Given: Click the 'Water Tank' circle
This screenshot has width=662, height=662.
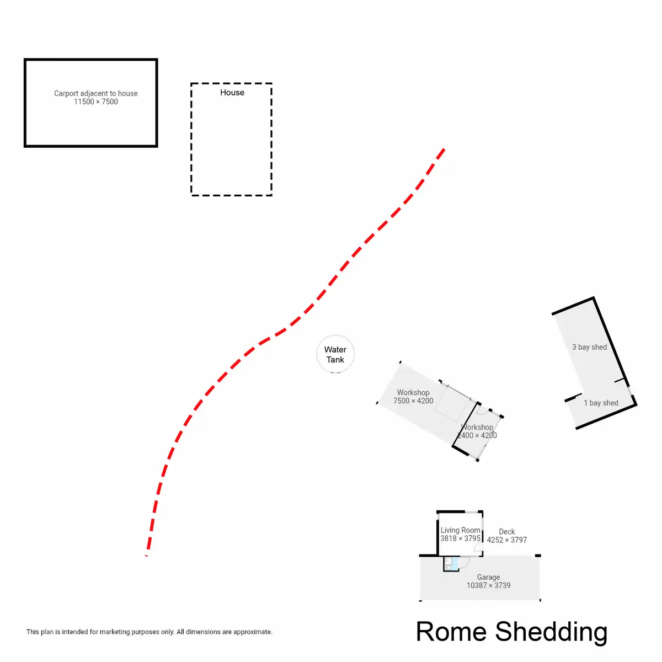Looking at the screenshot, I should (x=335, y=354).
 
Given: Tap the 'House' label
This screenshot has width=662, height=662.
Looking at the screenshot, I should (x=232, y=93).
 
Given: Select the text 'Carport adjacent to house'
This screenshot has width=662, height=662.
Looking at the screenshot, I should (x=96, y=93).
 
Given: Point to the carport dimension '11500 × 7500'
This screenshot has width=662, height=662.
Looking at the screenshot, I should (x=96, y=102).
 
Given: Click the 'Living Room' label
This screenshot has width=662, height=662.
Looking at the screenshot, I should (x=460, y=530).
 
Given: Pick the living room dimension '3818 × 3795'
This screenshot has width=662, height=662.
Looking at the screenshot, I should (x=460, y=538).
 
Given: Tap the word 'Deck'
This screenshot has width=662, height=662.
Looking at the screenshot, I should (x=507, y=532).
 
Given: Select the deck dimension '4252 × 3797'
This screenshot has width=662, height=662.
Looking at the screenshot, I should (x=507, y=540).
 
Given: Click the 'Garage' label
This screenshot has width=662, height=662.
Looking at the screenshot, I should (x=488, y=577).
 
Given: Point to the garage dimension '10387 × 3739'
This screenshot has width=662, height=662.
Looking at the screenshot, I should (x=488, y=585).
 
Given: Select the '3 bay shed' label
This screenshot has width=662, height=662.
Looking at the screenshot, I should (x=589, y=347).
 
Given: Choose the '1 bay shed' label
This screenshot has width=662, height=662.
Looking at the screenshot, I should (x=601, y=403).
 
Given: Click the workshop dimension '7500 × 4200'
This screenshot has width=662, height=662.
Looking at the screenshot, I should (x=413, y=401).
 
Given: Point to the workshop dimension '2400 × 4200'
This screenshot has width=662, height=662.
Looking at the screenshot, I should (x=478, y=436).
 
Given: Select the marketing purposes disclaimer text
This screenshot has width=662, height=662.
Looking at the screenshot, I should (x=150, y=632).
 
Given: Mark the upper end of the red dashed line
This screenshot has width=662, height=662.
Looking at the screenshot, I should (x=444, y=150).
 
